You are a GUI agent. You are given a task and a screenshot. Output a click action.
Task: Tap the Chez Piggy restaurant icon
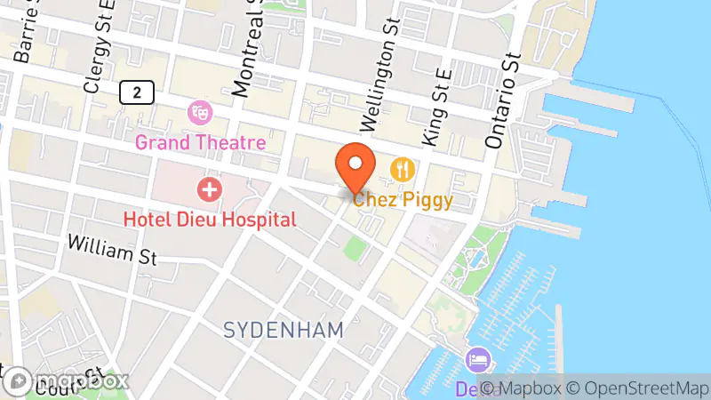tap(403, 168)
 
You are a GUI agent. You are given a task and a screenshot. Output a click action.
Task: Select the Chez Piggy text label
tap(403, 200)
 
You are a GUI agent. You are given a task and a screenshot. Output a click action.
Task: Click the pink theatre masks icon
tap(200, 113)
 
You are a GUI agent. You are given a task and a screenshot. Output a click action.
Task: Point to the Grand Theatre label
tap(200, 142)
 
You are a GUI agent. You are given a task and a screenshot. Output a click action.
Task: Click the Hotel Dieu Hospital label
tap(210, 219)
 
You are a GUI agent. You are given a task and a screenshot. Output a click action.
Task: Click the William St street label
tap(111, 250)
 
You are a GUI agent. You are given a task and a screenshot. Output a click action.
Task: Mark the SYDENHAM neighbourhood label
tap(284, 331)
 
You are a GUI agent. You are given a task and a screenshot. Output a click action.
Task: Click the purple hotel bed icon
tap(475, 361)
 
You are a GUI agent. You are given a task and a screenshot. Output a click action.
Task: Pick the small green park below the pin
tap(356, 248)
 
